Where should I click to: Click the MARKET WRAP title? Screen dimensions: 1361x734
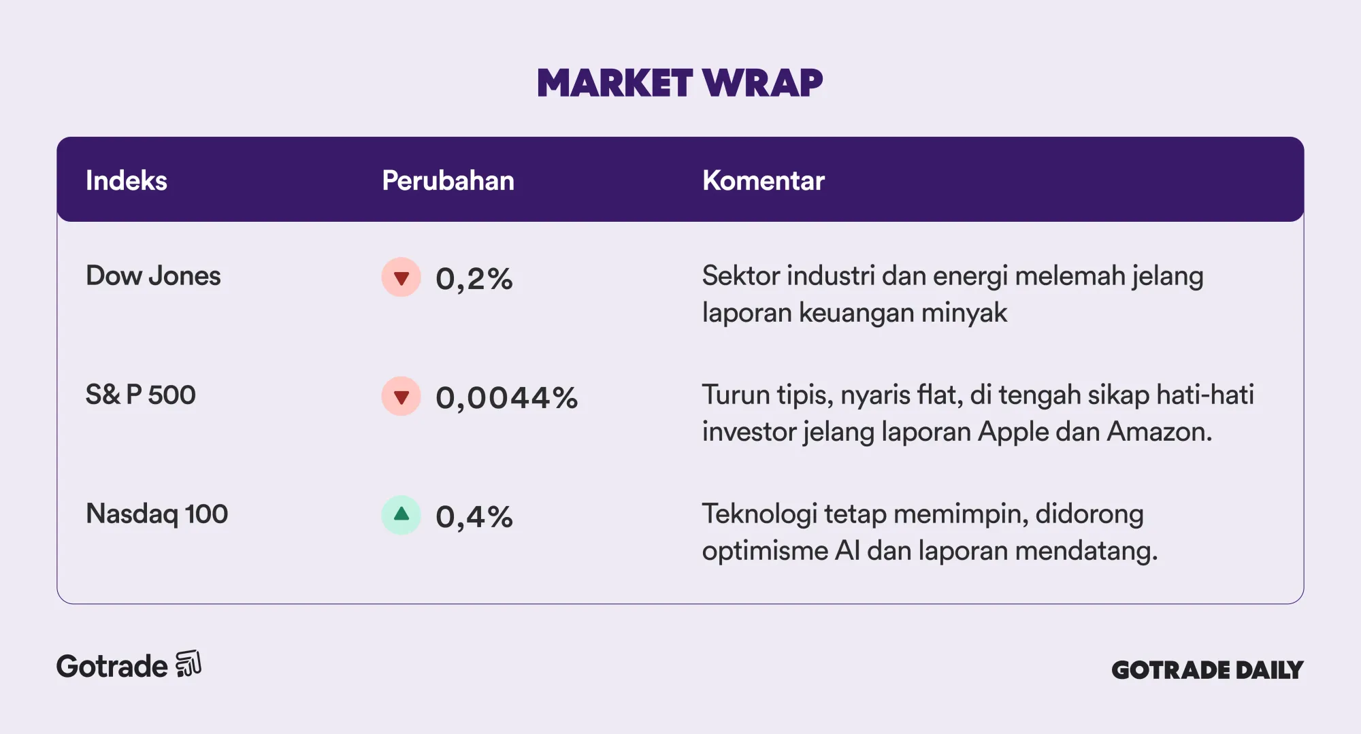[680, 83]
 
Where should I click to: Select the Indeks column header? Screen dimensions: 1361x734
[127, 180]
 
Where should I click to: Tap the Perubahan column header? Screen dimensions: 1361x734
[448, 180]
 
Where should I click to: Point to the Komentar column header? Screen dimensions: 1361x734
[764, 180]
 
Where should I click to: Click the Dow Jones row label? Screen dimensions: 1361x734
[153, 276]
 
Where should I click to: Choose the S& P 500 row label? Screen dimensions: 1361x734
[141, 395]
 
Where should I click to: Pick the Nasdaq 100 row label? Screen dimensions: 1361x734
[157, 514]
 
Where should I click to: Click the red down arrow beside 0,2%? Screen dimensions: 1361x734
[401, 278]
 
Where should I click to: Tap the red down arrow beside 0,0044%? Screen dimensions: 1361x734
[401, 397]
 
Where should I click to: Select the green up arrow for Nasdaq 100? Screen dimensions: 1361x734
[401, 515]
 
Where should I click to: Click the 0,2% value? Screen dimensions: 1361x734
[474, 279]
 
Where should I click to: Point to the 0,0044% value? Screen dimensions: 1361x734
[507, 398]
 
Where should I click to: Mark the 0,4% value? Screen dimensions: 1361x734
[474, 517]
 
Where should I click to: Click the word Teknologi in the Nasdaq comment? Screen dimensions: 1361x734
[759, 514]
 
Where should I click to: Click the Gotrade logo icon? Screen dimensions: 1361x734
[188, 664]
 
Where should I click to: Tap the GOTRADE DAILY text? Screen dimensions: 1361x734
[1207, 670]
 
